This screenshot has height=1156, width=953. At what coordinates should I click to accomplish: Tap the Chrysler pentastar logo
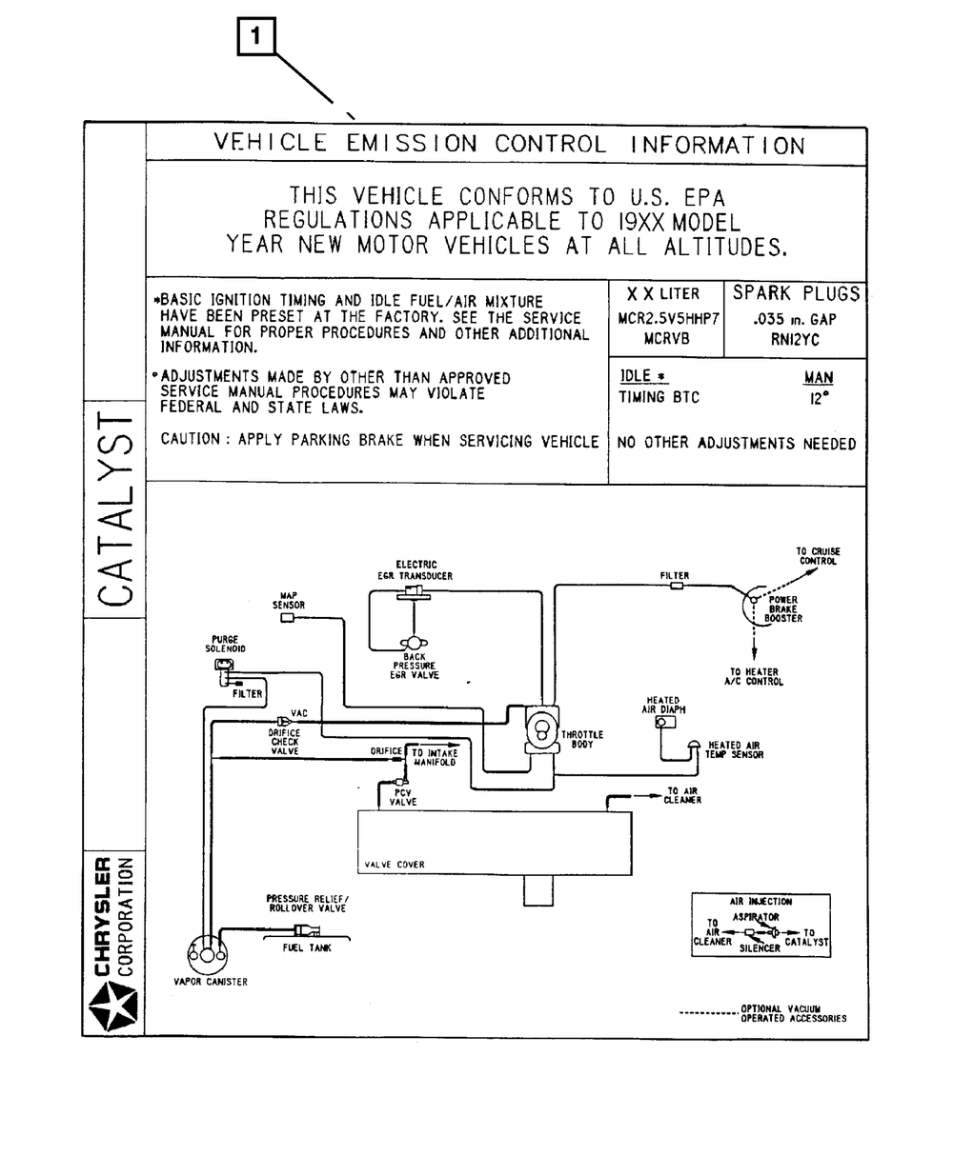[113, 1007]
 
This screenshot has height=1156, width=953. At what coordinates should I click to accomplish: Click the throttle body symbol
[541, 730]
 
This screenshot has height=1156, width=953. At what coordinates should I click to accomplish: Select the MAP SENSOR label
[288, 600]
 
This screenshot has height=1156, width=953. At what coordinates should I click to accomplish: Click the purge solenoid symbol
[224, 665]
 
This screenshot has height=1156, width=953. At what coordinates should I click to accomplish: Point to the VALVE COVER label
[395, 865]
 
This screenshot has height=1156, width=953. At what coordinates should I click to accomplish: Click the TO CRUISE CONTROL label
[818, 556]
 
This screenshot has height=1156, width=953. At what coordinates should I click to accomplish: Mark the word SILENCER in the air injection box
[760, 948]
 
